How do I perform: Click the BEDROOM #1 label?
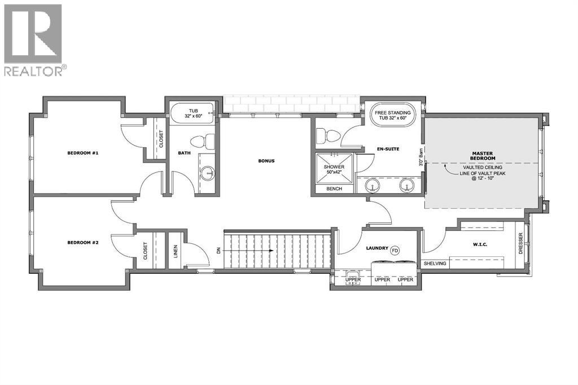(83, 153)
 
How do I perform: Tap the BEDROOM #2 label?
(83, 243)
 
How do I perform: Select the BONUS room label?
(266, 161)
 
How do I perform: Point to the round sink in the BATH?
(207, 173)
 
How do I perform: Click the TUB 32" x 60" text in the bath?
(192, 113)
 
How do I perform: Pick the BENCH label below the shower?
(334, 189)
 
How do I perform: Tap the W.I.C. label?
(480, 245)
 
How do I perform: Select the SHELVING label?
(435, 264)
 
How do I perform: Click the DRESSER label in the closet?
(520, 244)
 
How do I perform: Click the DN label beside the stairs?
(218, 250)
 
